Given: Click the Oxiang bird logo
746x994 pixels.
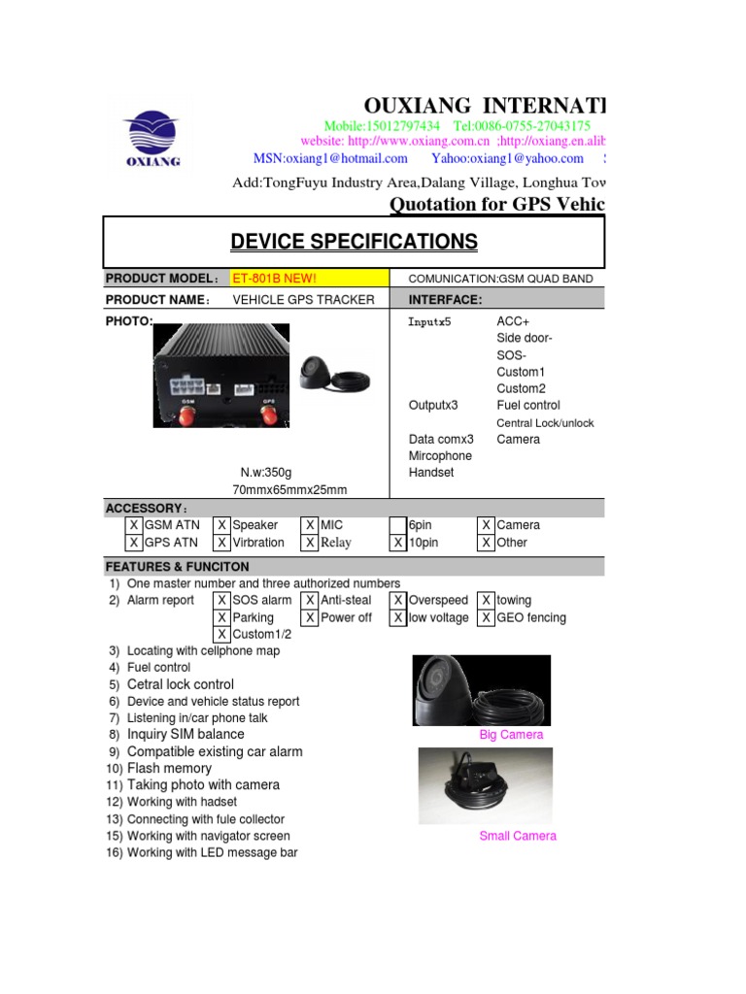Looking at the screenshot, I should [152, 137].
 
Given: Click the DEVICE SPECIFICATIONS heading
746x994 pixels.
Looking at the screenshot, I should [354, 242].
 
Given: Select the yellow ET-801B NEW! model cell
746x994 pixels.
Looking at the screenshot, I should [308, 279].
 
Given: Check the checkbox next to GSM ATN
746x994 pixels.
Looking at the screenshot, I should [134, 525].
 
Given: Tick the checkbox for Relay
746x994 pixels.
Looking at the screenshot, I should [310, 543].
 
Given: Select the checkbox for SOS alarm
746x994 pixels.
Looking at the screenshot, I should [222, 601].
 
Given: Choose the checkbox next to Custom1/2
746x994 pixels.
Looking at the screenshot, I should [222, 634].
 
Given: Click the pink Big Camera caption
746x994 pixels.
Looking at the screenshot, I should [512, 735].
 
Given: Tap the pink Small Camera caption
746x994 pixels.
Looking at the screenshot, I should [518, 836].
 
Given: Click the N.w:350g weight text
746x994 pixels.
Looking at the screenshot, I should [254, 473].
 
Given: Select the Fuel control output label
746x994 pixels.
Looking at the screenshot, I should [527, 405].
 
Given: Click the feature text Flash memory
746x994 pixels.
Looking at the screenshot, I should [169, 768].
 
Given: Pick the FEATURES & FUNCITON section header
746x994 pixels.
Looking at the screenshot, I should [178, 567].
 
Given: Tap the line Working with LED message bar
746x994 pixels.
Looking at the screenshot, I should [212, 852].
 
